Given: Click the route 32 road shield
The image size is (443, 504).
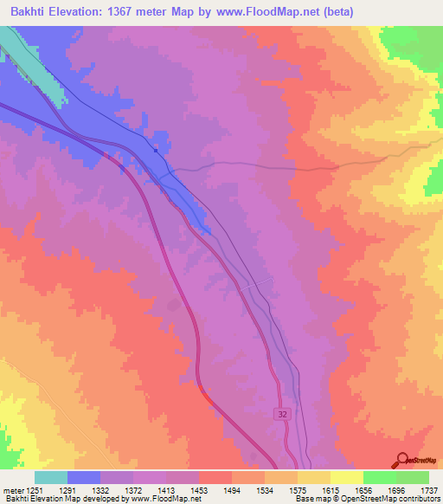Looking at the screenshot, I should (284, 415).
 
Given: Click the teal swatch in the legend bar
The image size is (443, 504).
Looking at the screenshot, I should (51, 477).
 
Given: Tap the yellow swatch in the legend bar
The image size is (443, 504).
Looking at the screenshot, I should (347, 477).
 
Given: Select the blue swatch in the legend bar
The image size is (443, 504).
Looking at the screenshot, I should (84, 477).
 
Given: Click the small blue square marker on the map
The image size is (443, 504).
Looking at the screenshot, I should (156, 150).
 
